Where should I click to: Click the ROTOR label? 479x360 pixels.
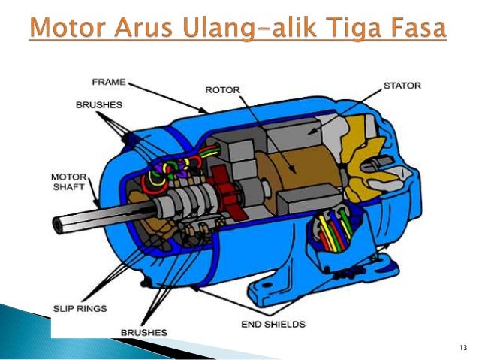[x=221, y=90]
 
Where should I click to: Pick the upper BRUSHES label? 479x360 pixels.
[x=98, y=105]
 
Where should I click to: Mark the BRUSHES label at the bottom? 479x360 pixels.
[x=143, y=331]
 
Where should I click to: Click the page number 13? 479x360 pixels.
[x=462, y=347]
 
